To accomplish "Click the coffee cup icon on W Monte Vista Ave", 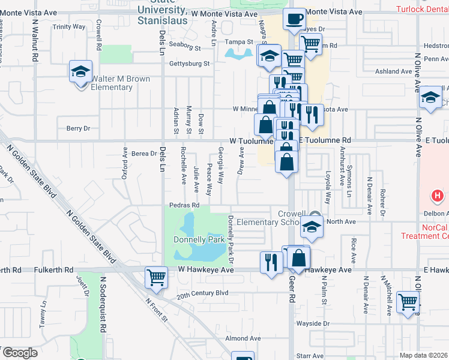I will (294, 19).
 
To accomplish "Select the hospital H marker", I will (438, 196).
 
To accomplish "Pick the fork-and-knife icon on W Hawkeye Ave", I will (271, 261).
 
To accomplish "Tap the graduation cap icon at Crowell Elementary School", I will (312, 227).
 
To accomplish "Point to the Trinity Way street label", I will (69, 27).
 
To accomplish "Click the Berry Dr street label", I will (78, 128).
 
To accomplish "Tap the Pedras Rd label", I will (184, 205).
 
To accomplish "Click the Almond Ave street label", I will (243, 338).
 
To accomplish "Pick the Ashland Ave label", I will (393, 71).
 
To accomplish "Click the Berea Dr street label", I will (144, 154).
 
